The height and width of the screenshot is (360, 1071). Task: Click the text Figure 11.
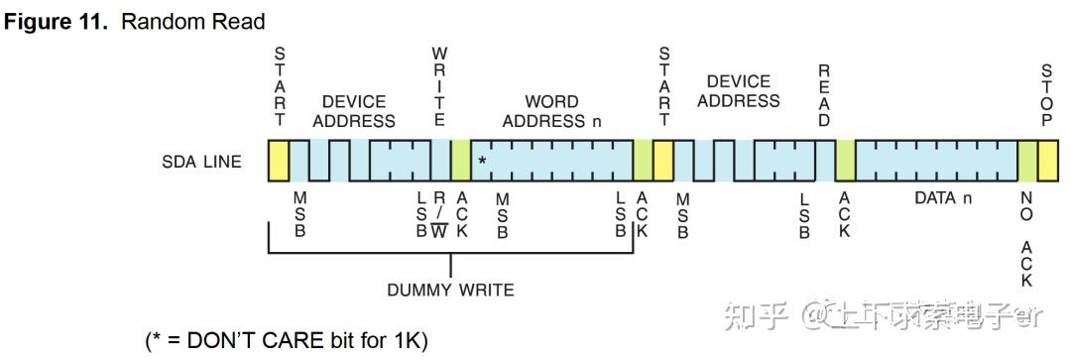[x=57, y=21]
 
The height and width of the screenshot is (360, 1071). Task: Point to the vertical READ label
[x=823, y=95]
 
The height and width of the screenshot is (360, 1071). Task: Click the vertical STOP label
[x=1046, y=95]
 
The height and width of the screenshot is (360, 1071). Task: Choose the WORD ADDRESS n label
[x=552, y=111]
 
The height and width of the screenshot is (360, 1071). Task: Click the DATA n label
[x=935, y=198]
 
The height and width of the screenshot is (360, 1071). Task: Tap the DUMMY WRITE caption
[x=450, y=291]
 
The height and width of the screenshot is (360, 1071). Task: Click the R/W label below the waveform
[x=439, y=215]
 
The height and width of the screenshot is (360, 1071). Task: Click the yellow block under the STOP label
[x=1047, y=161]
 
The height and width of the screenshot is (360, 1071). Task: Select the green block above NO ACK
[x=1027, y=161]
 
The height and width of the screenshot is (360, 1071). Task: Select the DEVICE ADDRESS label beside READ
[x=739, y=91]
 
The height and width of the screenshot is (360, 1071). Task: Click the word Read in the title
[x=242, y=21]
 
